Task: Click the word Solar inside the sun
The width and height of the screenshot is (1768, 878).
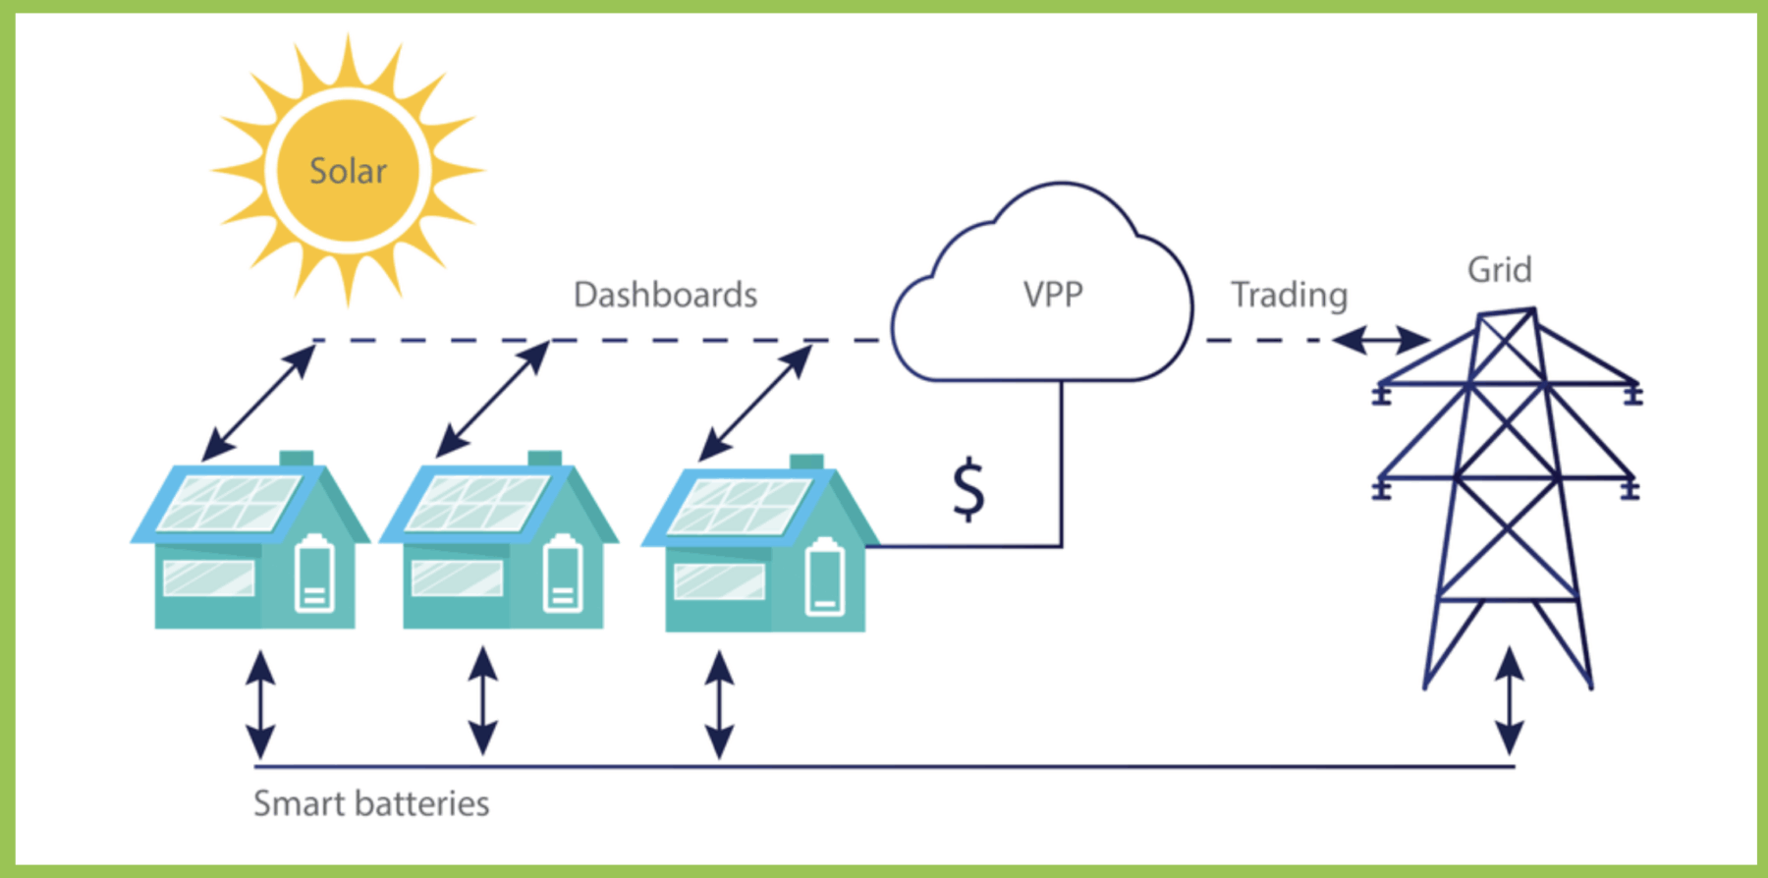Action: coord(348,171)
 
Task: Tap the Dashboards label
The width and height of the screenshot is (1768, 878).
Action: coord(665,295)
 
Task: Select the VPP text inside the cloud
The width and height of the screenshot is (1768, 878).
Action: coord(1052,295)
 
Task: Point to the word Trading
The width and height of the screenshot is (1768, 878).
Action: coord(1289,295)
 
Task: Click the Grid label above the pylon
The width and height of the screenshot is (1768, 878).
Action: coord(1499,270)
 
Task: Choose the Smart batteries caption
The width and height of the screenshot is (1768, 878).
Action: coord(371,803)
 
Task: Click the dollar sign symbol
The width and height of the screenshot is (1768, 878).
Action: coord(968,488)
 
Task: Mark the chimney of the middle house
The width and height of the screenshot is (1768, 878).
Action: coord(544,459)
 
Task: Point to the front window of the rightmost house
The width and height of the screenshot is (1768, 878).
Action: coord(719,581)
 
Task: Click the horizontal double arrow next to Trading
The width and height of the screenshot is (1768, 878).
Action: coord(1380,341)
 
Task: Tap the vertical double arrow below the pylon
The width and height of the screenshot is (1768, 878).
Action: coord(1509,700)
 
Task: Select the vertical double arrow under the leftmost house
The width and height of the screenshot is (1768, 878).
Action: coord(260,703)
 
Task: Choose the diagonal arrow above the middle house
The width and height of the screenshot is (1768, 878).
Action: coord(492,399)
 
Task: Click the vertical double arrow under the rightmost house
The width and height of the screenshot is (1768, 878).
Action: coord(719,703)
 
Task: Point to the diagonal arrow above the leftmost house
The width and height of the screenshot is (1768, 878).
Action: coord(258,402)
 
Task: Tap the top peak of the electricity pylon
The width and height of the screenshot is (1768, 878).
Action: coord(1507,312)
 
